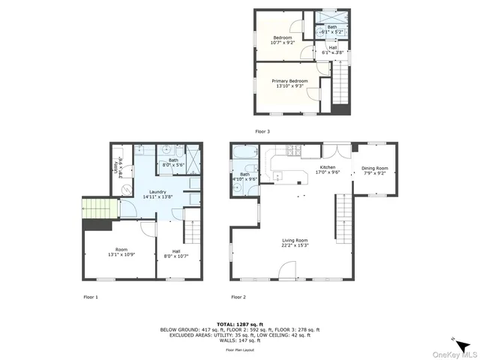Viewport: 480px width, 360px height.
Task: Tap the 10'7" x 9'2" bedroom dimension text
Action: click(283, 43)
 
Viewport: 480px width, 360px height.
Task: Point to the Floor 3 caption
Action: click(262, 131)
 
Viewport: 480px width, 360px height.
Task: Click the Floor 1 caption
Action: click(91, 297)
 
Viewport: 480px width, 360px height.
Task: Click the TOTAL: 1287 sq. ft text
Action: click(239, 323)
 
